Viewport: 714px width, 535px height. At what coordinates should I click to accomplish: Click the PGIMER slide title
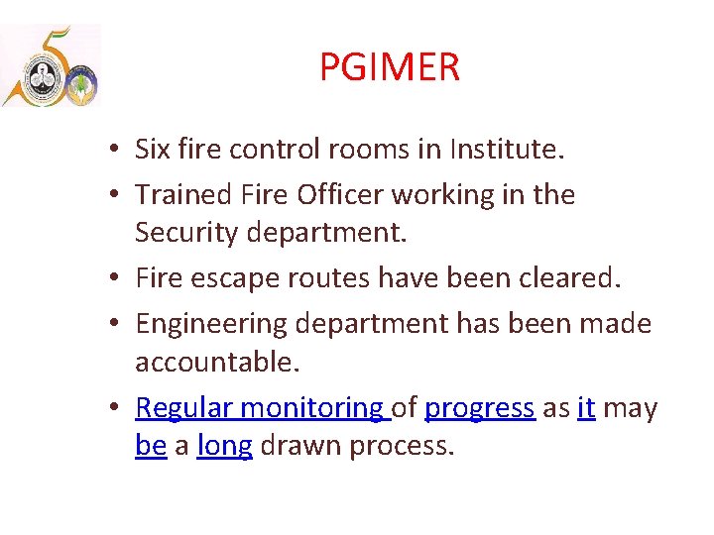pyautogui.click(x=389, y=68)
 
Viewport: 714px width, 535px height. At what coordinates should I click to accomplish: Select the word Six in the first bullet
pyautogui.click(x=154, y=150)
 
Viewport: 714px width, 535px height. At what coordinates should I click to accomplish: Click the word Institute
pyautogui.click(x=506, y=150)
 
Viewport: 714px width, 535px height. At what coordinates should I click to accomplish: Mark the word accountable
pyautogui.click(x=216, y=363)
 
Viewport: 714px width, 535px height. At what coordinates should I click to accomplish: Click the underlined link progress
pyautogui.click(x=480, y=408)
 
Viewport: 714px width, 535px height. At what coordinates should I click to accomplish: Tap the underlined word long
pyautogui.click(x=224, y=447)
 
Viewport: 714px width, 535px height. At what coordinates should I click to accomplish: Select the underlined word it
pyautogui.click(x=585, y=408)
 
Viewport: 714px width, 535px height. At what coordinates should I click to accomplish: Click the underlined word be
pyautogui.click(x=151, y=447)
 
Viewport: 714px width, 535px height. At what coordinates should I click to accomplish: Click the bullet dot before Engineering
pyautogui.click(x=116, y=324)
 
